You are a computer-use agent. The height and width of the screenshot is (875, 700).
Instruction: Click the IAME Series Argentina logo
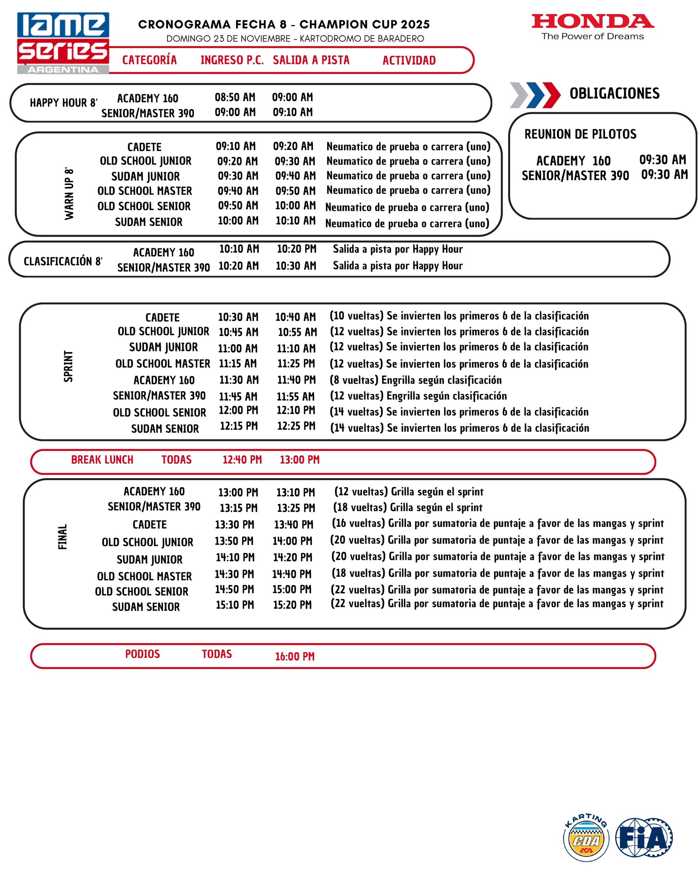[63, 43]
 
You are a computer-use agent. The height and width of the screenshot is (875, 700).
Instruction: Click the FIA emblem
[644, 837]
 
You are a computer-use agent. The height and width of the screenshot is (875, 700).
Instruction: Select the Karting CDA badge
[585, 838]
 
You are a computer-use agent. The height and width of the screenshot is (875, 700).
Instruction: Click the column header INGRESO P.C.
[232, 60]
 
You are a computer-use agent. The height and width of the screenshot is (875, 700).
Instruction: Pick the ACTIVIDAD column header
[409, 60]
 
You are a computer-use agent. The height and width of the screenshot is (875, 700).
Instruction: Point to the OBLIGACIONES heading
[614, 93]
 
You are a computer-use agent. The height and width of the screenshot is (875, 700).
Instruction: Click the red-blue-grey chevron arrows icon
[535, 95]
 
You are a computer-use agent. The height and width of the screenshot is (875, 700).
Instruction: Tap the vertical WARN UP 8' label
[69, 193]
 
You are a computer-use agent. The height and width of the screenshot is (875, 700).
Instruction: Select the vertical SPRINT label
[68, 366]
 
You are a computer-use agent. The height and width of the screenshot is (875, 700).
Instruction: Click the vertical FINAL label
[63, 537]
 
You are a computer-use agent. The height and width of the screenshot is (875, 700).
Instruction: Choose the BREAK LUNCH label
[102, 459]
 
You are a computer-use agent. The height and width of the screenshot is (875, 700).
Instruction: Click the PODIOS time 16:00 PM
[295, 656]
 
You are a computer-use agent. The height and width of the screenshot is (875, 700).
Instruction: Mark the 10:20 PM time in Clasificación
[296, 249]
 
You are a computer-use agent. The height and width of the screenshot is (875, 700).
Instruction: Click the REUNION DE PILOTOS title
[580, 134]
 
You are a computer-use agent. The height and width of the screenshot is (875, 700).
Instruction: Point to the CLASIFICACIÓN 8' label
[63, 261]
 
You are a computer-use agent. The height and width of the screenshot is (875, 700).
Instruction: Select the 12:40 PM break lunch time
[242, 460]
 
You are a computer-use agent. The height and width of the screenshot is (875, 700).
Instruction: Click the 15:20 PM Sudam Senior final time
[292, 605]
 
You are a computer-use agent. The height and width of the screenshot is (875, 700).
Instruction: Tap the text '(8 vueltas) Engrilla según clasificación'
[416, 380]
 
